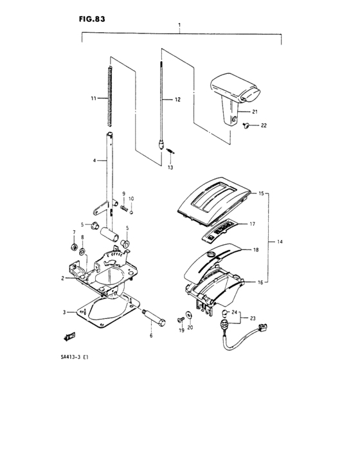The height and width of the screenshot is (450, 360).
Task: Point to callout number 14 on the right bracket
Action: [x=280, y=241]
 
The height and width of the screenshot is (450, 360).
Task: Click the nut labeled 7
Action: [x=75, y=248]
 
